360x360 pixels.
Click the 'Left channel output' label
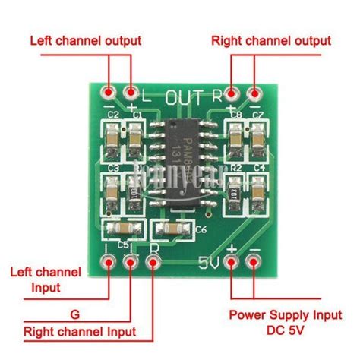pyautogui.click(x=90, y=39)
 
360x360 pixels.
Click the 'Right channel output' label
pyautogui.click(x=271, y=39)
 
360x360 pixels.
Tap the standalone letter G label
pyautogui.click(x=73, y=313)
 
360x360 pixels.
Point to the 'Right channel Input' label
pyautogui.click(x=80, y=332)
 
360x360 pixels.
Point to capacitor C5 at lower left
pyautogui.click(x=117, y=229)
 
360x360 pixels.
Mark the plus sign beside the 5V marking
pyautogui.click(x=232, y=248)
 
